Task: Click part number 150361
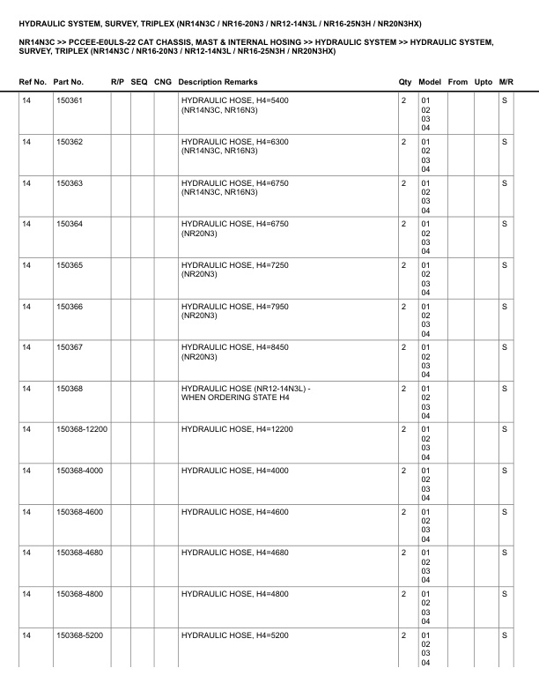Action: [69, 100]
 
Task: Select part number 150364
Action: [69, 224]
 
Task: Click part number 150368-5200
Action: [79, 635]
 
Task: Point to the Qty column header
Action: [405, 82]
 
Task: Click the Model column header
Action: [431, 82]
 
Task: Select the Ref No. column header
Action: [33, 82]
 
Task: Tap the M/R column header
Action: [506, 82]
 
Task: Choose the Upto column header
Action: [484, 82]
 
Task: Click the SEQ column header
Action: [139, 82]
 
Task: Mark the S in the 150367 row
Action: [505, 347]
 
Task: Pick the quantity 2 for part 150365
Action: [403, 264]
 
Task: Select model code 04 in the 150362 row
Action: [425, 169]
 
